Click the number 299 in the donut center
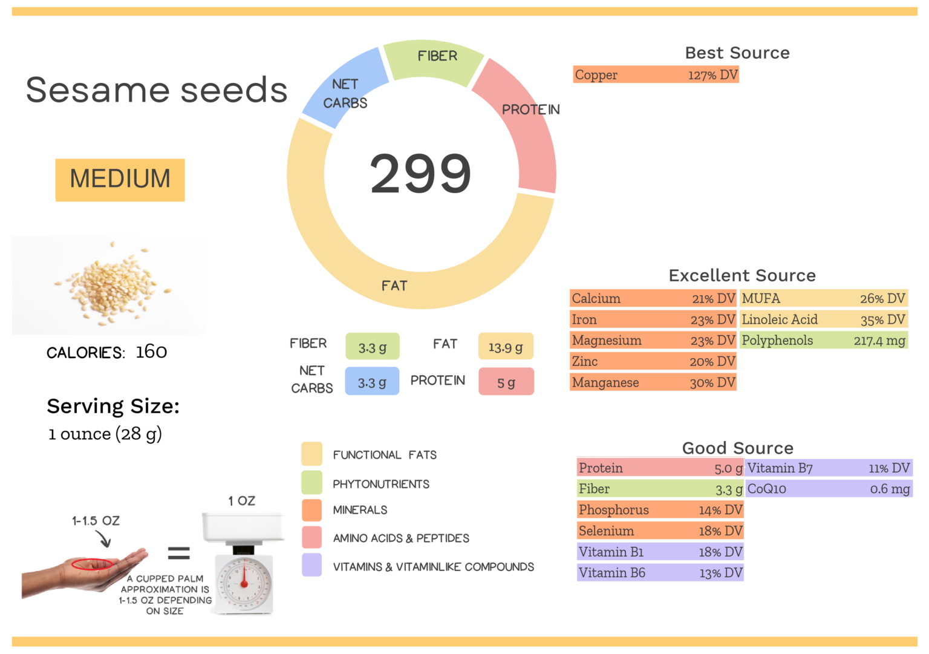pyautogui.click(x=420, y=174)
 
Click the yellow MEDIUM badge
pyautogui.click(x=120, y=180)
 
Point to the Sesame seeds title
pyautogui.click(x=157, y=90)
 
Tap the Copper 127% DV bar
pyautogui.click(x=656, y=75)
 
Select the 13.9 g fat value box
pyautogui.click(x=506, y=347)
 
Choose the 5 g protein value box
pyautogui.click(x=506, y=382)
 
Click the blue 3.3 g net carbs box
pyautogui.click(x=372, y=382)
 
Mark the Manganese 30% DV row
pyautogui.click(x=653, y=382)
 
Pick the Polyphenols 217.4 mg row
pyautogui.click(x=824, y=341)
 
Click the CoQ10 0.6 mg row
pyautogui.click(x=828, y=489)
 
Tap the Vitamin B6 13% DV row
pyautogui.click(x=660, y=573)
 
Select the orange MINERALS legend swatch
pyautogui.click(x=311, y=510)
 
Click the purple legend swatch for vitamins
pyautogui.click(x=311, y=565)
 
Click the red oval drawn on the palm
pyautogui.click(x=92, y=564)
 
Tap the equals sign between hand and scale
pyautogui.click(x=178, y=552)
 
